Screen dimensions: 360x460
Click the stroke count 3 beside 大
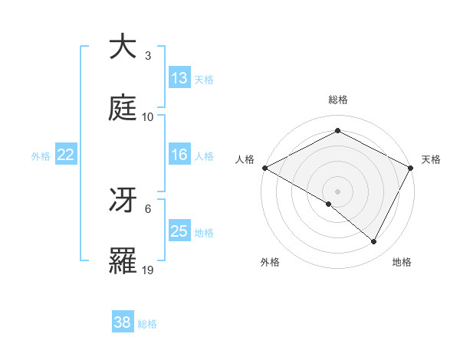[x=147, y=56]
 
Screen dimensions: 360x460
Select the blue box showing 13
[x=179, y=78]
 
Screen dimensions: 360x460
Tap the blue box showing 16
[x=179, y=155]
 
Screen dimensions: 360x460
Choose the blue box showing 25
[x=179, y=231]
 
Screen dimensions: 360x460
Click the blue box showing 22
[x=66, y=155]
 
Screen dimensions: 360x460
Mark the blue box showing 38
[x=123, y=322]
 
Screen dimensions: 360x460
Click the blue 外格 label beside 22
[x=41, y=156]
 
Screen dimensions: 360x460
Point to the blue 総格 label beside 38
[x=147, y=324]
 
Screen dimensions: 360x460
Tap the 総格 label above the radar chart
[x=337, y=100]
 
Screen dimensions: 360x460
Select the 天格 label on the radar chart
[x=431, y=159]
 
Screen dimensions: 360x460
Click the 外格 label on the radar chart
[x=270, y=262]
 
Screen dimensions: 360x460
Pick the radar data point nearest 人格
[x=264, y=168]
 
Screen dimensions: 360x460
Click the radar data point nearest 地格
[x=374, y=242]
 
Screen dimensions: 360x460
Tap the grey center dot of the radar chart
[x=337, y=191]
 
